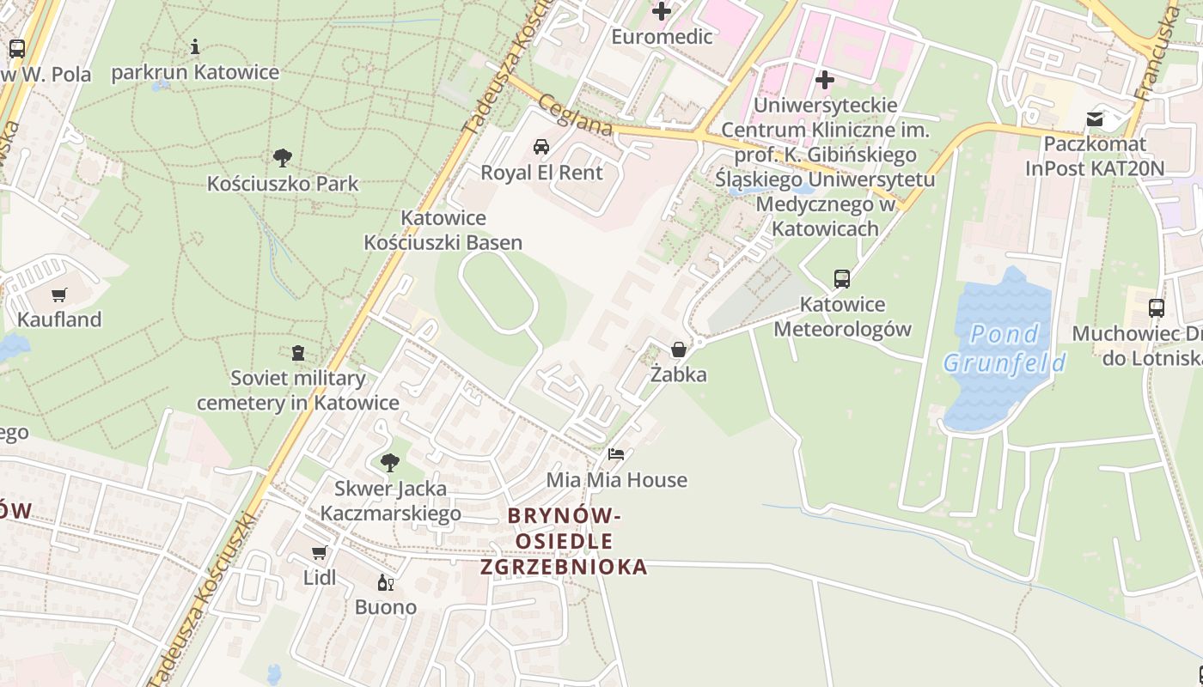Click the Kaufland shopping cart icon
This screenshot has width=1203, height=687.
pyautogui.click(x=58, y=295)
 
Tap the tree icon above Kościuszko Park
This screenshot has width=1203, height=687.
pyautogui.click(x=282, y=158)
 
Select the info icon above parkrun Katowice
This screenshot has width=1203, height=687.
pyautogui.click(x=195, y=46)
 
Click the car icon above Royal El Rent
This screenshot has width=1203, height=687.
pyautogui.click(x=541, y=147)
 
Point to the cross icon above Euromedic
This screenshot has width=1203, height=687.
pyautogui.click(x=662, y=11)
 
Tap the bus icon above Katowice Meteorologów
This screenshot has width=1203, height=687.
pyautogui.click(x=842, y=279)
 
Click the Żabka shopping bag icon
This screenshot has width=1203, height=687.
pyautogui.click(x=679, y=350)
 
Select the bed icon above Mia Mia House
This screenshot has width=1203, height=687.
pyautogui.click(x=616, y=454)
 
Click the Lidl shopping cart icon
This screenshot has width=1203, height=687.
pyautogui.click(x=320, y=552)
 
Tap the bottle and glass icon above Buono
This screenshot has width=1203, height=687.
pyautogui.click(x=386, y=583)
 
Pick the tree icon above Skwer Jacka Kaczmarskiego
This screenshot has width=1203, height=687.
pyautogui.click(x=390, y=464)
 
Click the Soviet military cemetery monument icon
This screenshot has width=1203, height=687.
pyautogui.click(x=298, y=353)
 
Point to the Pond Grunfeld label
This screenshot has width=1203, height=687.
pyautogui.click(x=1005, y=348)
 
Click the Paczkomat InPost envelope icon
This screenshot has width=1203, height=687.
pyautogui.click(x=1095, y=119)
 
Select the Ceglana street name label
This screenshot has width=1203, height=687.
pyautogui.click(x=576, y=115)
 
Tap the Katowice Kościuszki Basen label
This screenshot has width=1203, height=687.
pyautogui.click(x=443, y=230)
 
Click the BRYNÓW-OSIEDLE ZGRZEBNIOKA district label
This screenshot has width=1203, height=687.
pyautogui.click(x=564, y=541)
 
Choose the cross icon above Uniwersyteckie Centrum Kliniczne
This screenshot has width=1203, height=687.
pyautogui.click(x=825, y=81)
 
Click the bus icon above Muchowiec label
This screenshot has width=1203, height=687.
pyautogui.click(x=1157, y=308)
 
